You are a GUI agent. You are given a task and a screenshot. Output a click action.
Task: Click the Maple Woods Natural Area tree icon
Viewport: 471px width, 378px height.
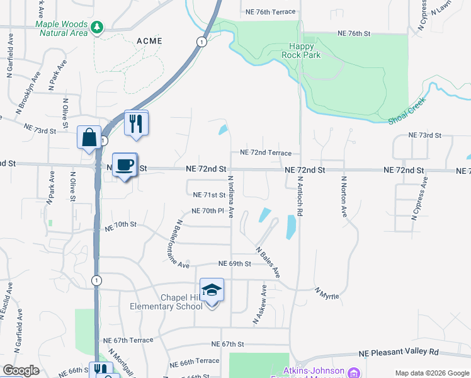96,26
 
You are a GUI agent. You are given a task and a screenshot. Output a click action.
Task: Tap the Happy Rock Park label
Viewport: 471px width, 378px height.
305,50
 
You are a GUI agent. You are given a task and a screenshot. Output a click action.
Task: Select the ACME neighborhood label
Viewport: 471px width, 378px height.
149,41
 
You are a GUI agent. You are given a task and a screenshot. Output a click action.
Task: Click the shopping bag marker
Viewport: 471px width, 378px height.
89,137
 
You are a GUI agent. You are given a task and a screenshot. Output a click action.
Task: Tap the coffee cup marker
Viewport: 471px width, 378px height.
124,165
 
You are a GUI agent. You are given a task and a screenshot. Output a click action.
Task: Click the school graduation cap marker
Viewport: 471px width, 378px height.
212,290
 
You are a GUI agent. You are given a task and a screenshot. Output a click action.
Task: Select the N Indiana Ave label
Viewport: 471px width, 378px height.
231,197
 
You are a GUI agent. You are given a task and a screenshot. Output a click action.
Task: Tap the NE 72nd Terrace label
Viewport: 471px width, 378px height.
266,153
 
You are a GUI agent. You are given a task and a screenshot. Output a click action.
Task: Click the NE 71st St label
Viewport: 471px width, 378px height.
209,195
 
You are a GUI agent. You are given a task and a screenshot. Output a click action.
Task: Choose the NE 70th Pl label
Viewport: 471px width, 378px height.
208,210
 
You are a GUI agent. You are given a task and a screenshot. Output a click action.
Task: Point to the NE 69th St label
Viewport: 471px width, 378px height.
235,263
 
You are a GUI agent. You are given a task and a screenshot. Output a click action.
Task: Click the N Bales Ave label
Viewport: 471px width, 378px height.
268,263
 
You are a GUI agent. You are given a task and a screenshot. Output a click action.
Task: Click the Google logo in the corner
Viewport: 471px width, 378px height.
21,370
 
